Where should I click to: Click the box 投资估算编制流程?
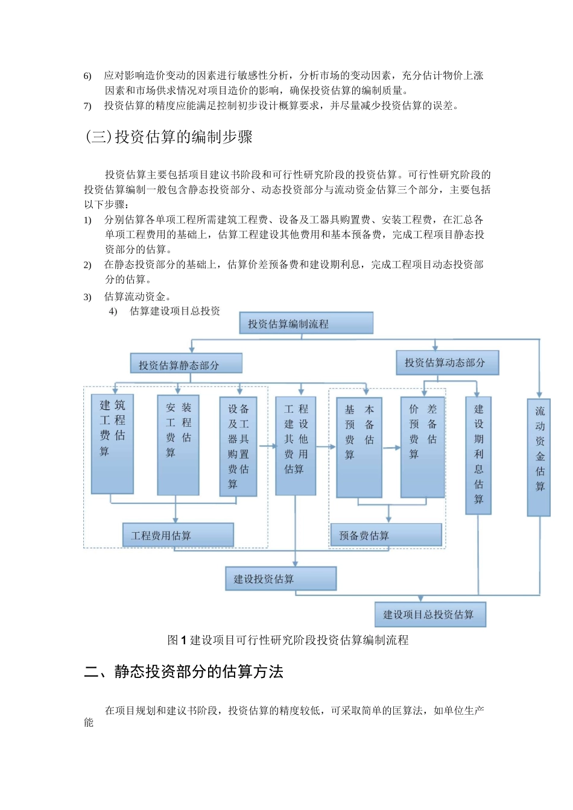coord(306,323)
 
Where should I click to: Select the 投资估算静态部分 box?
coord(186,364)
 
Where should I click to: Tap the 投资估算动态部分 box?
coord(447,363)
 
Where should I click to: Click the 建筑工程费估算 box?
coord(112,444)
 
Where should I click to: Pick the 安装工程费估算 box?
coord(178,445)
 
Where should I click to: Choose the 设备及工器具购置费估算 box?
coord(238,446)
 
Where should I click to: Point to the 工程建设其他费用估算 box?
coord(296,445)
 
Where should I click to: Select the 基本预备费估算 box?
coord(359,447)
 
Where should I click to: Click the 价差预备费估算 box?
coord(422,447)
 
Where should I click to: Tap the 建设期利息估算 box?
coord(478,455)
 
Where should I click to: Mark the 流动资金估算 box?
coord(539,456)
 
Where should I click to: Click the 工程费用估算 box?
coord(178,535)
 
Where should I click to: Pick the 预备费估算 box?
coord(386,535)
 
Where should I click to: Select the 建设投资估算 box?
coord(280,579)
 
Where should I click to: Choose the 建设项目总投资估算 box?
coord(430,615)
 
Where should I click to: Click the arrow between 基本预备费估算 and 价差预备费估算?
coord(391,447)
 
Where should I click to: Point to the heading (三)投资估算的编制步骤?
coord(169,137)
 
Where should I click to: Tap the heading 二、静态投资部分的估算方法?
coord(184,672)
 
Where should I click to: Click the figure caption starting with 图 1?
coord(288,640)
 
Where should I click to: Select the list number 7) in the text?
coord(87,107)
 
